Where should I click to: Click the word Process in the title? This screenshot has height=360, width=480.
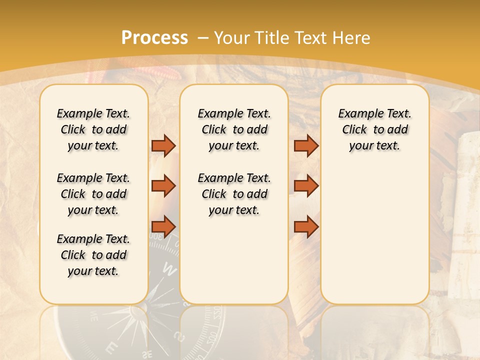[x=154, y=37]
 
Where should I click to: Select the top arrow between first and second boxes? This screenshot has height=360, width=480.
[x=163, y=145]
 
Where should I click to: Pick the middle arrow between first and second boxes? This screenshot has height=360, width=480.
[x=163, y=186]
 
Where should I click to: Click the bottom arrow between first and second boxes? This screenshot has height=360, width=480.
[x=163, y=226]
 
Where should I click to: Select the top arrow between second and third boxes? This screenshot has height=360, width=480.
[x=306, y=145]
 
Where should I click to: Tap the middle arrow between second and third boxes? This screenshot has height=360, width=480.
[x=306, y=186]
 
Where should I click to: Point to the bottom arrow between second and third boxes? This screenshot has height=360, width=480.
[x=306, y=226]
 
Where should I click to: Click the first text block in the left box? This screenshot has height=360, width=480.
[x=93, y=129]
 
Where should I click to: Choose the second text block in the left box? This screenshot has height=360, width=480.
[x=93, y=194]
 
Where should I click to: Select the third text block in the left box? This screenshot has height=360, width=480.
[x=93, y=255]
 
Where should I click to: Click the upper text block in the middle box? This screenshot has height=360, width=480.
[x=234, y=129]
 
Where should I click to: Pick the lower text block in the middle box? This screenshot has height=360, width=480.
[x=234, y=194]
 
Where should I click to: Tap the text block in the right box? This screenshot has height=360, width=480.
[x=375, y=129]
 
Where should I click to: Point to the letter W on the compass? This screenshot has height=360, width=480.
[x=170, y=270]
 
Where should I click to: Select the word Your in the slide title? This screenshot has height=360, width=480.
[x=233, y=37]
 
